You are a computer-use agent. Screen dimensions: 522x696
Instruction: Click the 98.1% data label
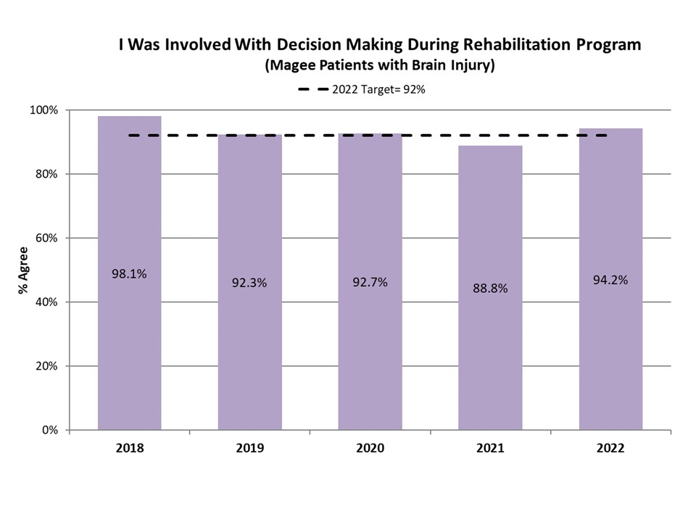pos(129,273)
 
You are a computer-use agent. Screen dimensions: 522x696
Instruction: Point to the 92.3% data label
pos(250,283)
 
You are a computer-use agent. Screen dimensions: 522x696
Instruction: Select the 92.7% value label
pos(370,282)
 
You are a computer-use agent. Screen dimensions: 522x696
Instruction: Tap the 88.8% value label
pos(490,288)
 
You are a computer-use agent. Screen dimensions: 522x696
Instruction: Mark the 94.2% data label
pos(610,279)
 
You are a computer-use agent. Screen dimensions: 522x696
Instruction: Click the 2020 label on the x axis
pos(370,448)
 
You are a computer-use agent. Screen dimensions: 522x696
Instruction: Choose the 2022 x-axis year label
pos(610,448)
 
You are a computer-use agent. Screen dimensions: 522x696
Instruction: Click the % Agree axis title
pos(23,270)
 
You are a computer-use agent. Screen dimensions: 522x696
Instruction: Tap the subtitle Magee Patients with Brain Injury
pos(380,66)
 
